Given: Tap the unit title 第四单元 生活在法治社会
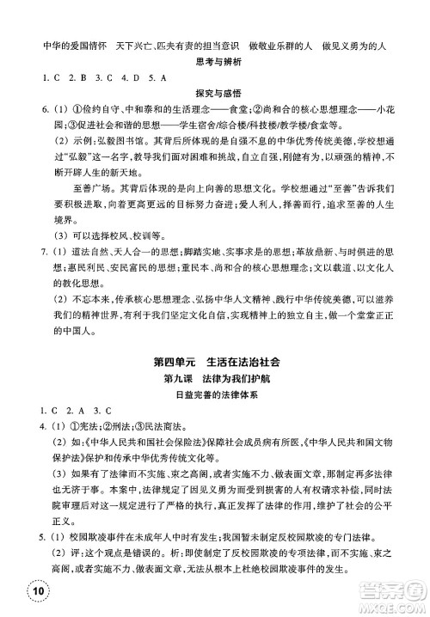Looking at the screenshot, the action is [x=215, y=361].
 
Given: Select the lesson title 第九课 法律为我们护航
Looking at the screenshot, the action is [x=215, y=379].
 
